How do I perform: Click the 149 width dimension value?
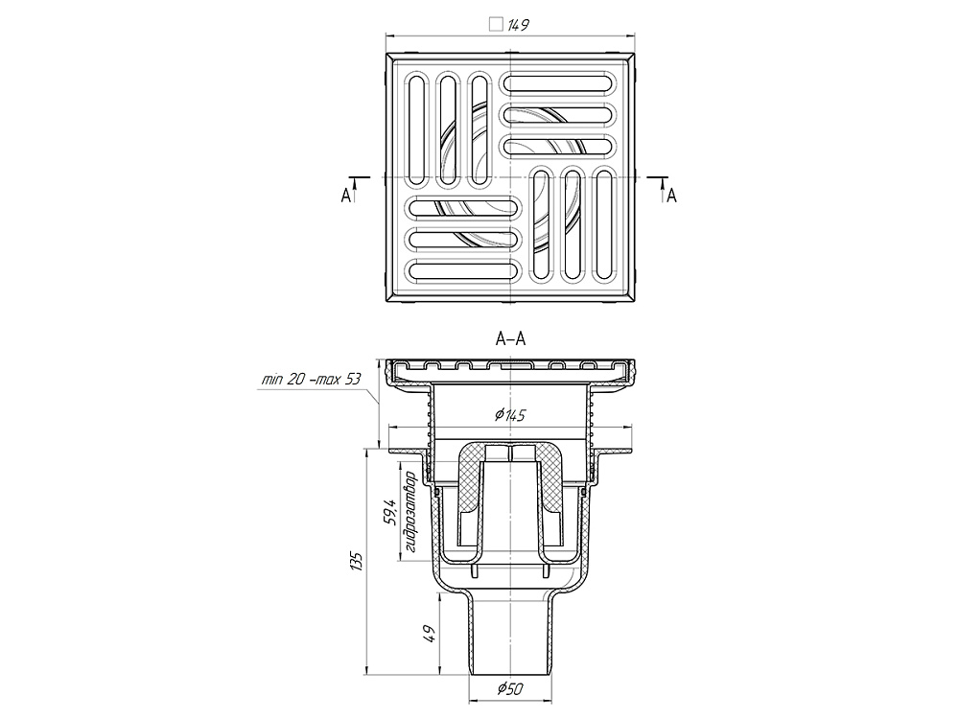coord(518,25)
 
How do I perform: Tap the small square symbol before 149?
coord(496,25)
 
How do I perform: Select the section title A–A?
coord(511,339)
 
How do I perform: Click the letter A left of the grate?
coord(346,196)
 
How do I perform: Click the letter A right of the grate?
coord(672,196)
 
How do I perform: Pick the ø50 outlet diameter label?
coord(510,689)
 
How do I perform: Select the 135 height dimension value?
coord(358,561)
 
